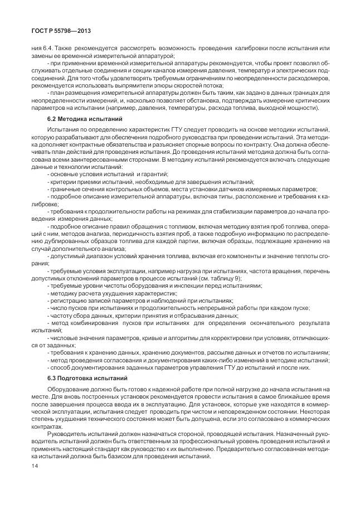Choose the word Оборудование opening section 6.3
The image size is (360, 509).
69,389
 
